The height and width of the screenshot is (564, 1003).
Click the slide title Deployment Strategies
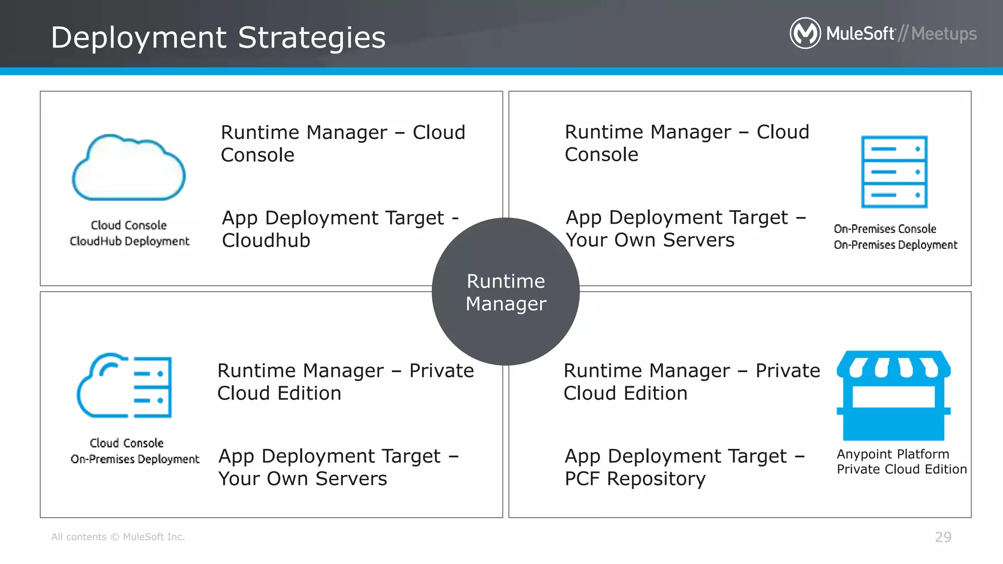point(218,38)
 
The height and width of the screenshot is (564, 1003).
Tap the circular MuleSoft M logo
point(805,33)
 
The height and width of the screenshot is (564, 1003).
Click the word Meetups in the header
point(944,34)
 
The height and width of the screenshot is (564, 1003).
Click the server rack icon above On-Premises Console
point(894,172)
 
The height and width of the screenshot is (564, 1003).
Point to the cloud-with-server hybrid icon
point(125,386)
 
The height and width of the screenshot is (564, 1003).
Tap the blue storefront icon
point(893,395)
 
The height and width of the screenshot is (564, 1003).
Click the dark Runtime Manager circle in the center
point(505,292)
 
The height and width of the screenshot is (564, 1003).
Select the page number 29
point(943,537)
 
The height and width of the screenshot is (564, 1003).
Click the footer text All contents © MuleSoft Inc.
point(118,537)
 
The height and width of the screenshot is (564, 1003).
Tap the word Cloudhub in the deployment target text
point(266,240)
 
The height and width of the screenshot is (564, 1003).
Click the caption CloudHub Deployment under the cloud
point(129,241)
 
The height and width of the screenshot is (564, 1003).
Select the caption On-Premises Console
point(884,229)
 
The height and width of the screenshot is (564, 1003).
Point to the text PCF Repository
point(635,479)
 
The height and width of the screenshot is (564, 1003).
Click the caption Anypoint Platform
point(892,454)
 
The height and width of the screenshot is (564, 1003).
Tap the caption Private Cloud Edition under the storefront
point(901,470)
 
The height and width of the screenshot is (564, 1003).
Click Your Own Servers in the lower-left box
point(303,479)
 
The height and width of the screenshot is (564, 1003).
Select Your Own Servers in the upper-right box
point(650,240)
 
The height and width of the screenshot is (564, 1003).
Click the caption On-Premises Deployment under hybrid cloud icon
point(135,459)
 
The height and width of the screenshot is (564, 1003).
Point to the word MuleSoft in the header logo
point(860,34)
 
